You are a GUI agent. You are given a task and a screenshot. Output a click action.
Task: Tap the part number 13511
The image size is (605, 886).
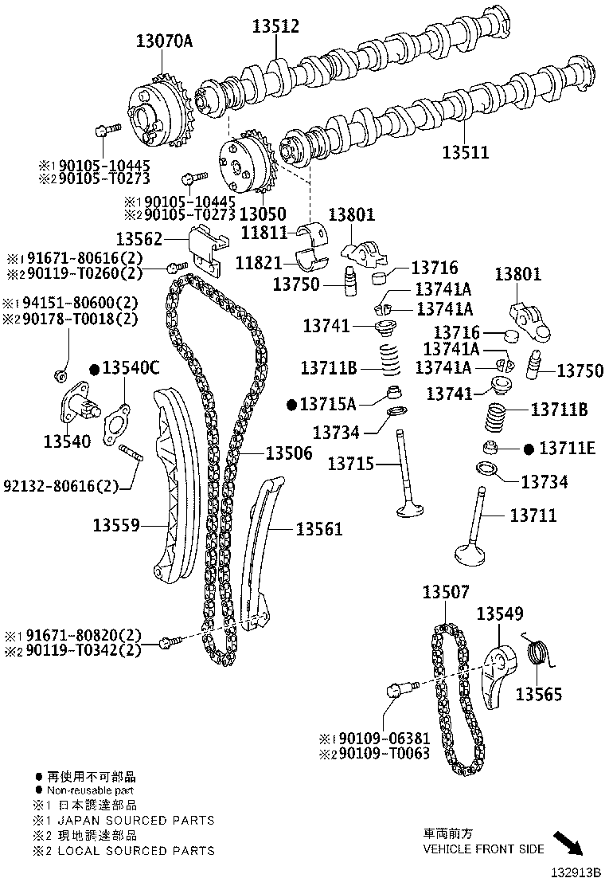(466, 152)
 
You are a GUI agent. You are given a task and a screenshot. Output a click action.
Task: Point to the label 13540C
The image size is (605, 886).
(131, 368)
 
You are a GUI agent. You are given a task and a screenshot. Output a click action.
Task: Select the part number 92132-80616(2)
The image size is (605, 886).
(60, 485)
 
